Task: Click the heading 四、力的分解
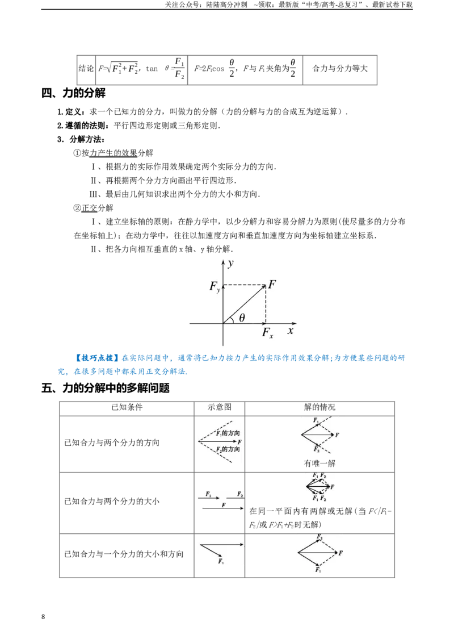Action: click(73, 93)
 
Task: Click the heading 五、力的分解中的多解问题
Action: click(106, 388)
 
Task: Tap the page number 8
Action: click(43, 617)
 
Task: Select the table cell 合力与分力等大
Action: click(340, 69)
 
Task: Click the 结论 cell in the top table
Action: click(86, 69)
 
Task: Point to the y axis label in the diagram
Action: click(230, 263)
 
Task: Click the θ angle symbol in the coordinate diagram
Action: click(242, 318)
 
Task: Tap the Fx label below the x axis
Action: click(267, 332)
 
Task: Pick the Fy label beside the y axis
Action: click(215, 286)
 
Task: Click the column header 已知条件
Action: click(127, 407)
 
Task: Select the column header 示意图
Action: click(220, 407)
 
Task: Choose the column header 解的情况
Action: click(320, 407)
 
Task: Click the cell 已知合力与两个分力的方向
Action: click(112, 442)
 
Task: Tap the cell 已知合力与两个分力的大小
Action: click(112, 501)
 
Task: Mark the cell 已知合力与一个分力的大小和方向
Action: click(124, 554)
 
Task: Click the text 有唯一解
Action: click(320, 464)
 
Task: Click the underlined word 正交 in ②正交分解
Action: click(89, 208)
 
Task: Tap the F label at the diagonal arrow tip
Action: click(272, 284)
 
